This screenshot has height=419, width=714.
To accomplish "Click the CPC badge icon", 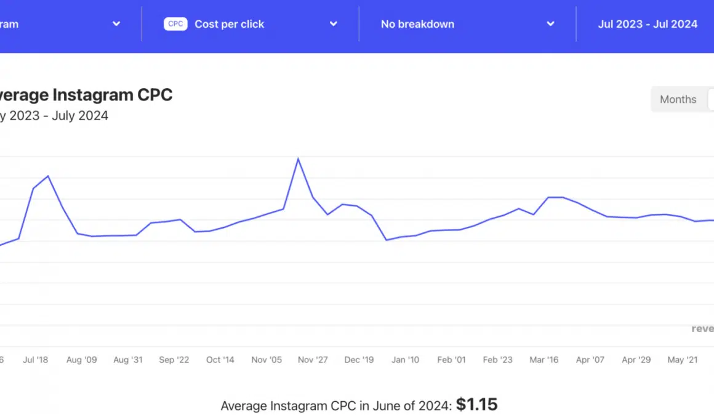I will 175,24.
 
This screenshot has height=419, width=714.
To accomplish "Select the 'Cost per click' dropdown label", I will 229,24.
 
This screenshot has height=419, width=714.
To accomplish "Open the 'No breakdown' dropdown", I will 417,24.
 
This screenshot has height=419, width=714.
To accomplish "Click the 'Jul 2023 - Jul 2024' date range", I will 648,24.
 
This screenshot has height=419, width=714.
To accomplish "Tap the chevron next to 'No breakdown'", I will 550,24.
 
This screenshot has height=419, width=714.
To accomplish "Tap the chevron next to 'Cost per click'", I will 333,24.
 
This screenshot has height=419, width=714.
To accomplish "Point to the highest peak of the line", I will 299,160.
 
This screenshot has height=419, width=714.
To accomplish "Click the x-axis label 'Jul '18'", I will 35,360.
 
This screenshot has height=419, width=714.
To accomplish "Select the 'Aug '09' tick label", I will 81,360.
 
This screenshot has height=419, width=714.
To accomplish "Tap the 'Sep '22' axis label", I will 174,360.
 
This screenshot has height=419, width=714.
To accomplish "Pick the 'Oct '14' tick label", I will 220,360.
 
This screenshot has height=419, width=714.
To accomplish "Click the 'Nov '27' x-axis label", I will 313,360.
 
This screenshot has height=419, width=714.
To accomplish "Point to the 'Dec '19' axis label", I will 359,360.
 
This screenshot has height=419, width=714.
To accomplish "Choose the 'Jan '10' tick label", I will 405,360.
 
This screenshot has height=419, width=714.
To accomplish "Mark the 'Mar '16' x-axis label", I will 544,360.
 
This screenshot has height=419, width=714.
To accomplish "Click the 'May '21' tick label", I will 683,360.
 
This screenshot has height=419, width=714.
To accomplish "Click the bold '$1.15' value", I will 476,405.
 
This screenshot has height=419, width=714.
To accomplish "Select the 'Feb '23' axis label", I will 497,360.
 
